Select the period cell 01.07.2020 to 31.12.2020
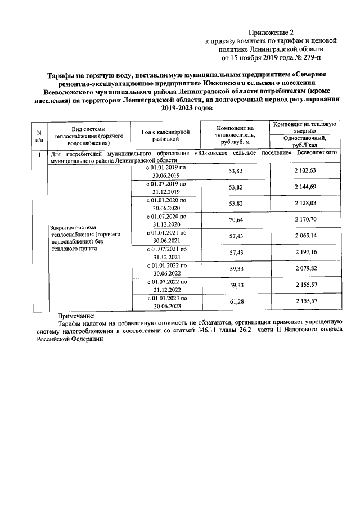click(x=165, y=220)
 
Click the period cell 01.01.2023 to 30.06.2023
click(x=165, y=303)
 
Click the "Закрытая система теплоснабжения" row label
click(x=79, y=236)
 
